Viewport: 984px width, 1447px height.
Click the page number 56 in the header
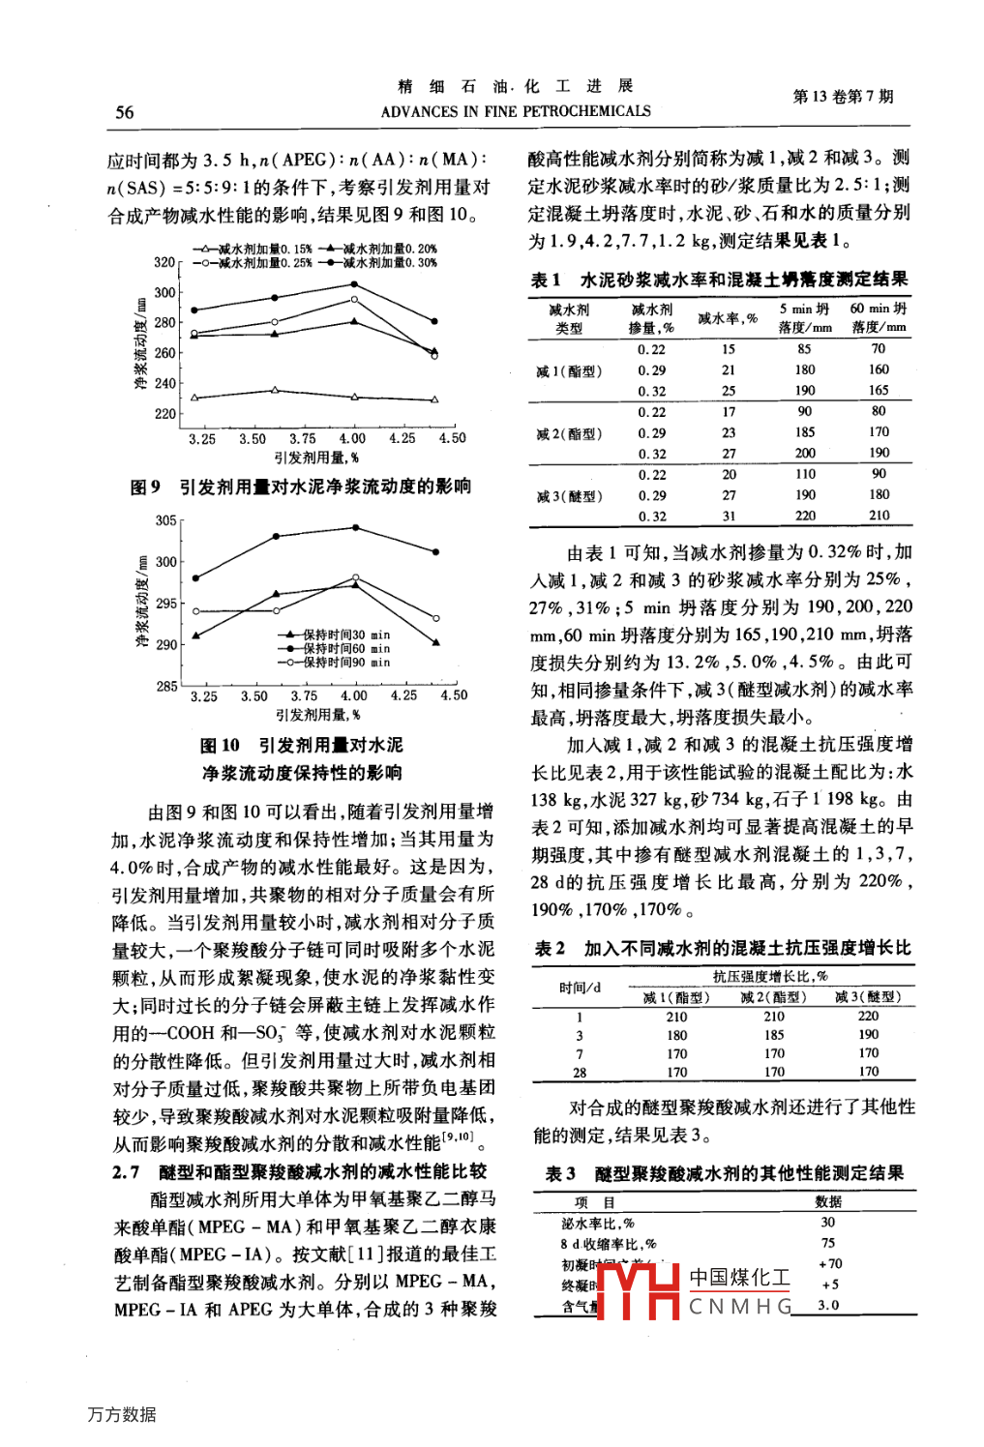125,112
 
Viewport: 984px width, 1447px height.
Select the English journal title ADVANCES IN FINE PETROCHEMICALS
516,111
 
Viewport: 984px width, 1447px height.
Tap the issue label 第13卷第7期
843,96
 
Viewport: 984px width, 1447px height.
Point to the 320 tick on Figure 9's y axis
164,262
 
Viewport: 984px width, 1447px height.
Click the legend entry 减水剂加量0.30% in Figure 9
389,262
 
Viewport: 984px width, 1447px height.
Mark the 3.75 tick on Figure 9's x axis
303,438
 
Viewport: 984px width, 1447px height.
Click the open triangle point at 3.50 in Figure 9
275,390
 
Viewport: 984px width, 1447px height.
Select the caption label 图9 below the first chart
145,487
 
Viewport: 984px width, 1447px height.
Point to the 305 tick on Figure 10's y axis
166,520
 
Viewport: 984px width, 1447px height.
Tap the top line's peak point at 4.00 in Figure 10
356,527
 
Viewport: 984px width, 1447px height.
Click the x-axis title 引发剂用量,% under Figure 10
317,715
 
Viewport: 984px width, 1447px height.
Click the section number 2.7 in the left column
126,1171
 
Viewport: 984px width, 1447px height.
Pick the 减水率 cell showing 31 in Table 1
729,517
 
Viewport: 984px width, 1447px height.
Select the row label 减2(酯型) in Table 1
569,433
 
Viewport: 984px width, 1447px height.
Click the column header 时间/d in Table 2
580,987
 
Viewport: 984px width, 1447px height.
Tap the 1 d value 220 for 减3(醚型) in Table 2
868,1016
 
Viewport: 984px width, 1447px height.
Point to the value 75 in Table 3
828,1243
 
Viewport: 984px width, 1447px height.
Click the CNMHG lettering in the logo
740,1307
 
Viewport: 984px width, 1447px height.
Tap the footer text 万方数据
121,1414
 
